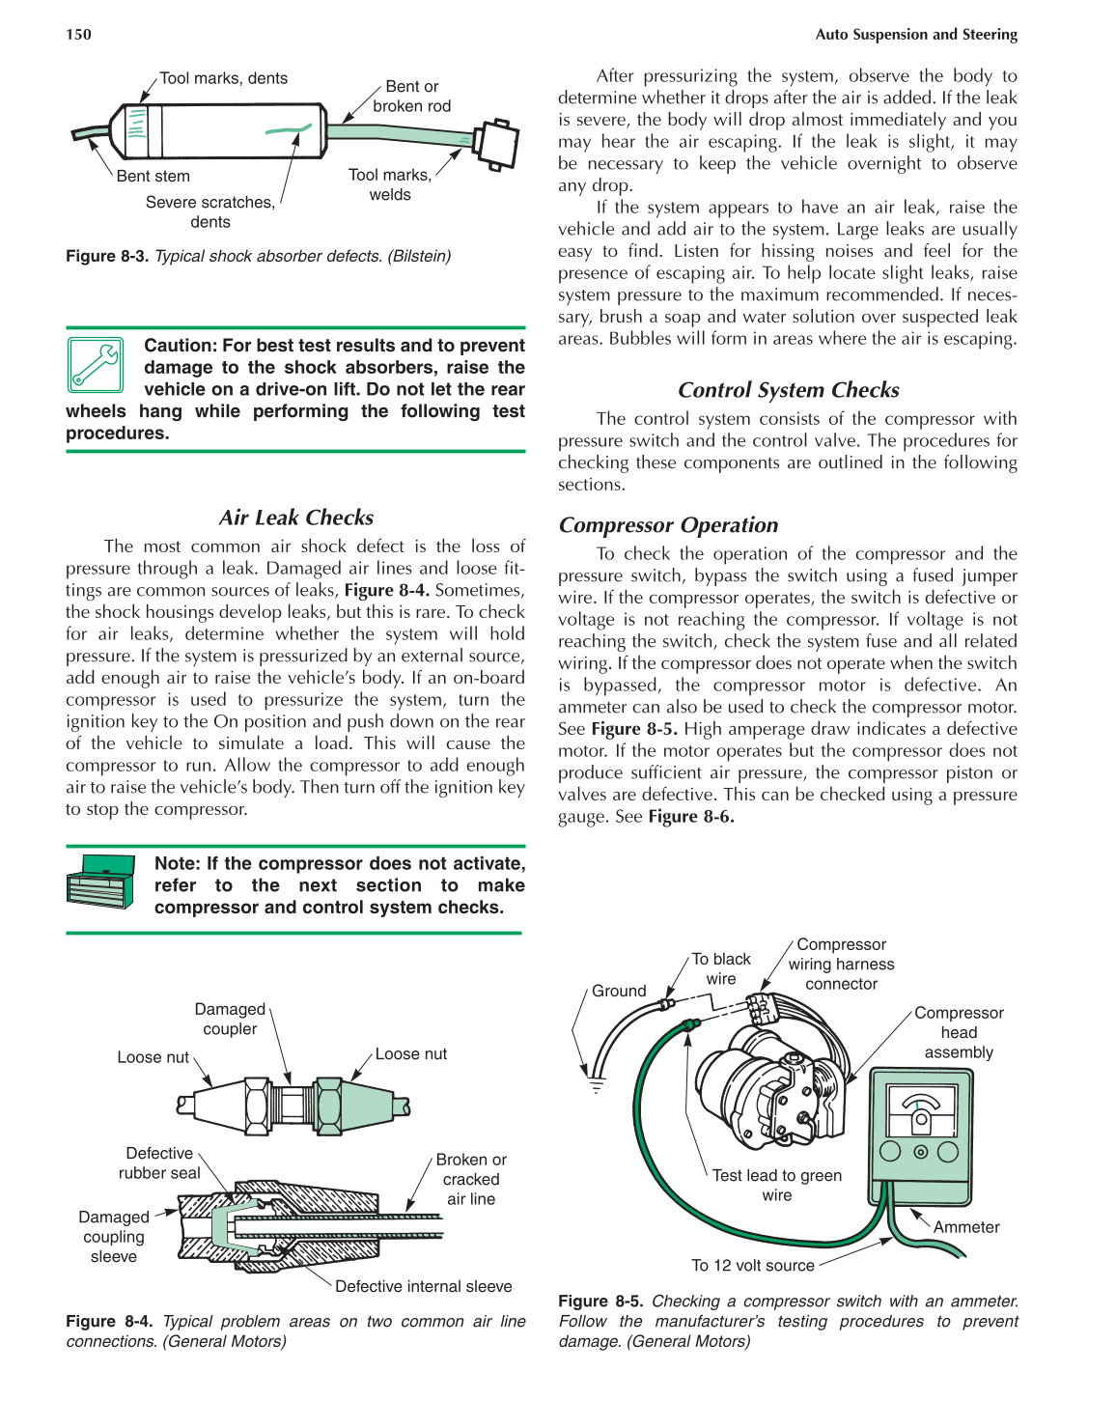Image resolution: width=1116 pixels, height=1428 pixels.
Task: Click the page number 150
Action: pos(78,35)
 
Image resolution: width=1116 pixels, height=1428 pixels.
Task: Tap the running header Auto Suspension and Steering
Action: pos(915,35)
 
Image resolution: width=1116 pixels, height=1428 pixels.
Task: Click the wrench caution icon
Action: pos(95,365)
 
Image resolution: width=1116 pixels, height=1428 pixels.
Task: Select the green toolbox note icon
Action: pos(100,882)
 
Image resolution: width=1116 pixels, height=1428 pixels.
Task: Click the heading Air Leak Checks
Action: pos(295,518)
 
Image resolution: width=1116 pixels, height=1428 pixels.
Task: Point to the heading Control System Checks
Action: pos(788,390)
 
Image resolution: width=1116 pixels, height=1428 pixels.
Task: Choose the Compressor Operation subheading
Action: pos(668,525)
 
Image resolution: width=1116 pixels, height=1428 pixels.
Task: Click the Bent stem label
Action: pos(153,176)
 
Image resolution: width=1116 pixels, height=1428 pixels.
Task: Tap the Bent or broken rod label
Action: pos(411,97)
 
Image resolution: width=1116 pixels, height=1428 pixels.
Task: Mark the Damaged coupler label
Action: pos(230,1019)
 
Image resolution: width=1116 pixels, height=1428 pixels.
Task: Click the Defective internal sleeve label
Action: pos(423,1286)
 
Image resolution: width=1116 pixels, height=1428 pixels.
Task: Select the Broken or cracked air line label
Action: pos(471,1179)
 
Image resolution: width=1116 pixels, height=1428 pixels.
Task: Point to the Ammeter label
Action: pos(965,1227)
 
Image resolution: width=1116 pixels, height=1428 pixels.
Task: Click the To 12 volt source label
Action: pos(752,1265)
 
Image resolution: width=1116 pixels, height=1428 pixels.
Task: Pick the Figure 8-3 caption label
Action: pos(106,256)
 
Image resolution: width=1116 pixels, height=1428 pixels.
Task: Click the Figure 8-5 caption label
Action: pos(600,1302)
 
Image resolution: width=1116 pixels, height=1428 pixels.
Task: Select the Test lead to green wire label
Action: pos(776,1185)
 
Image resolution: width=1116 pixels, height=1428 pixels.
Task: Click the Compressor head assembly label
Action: pos(959,1032)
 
